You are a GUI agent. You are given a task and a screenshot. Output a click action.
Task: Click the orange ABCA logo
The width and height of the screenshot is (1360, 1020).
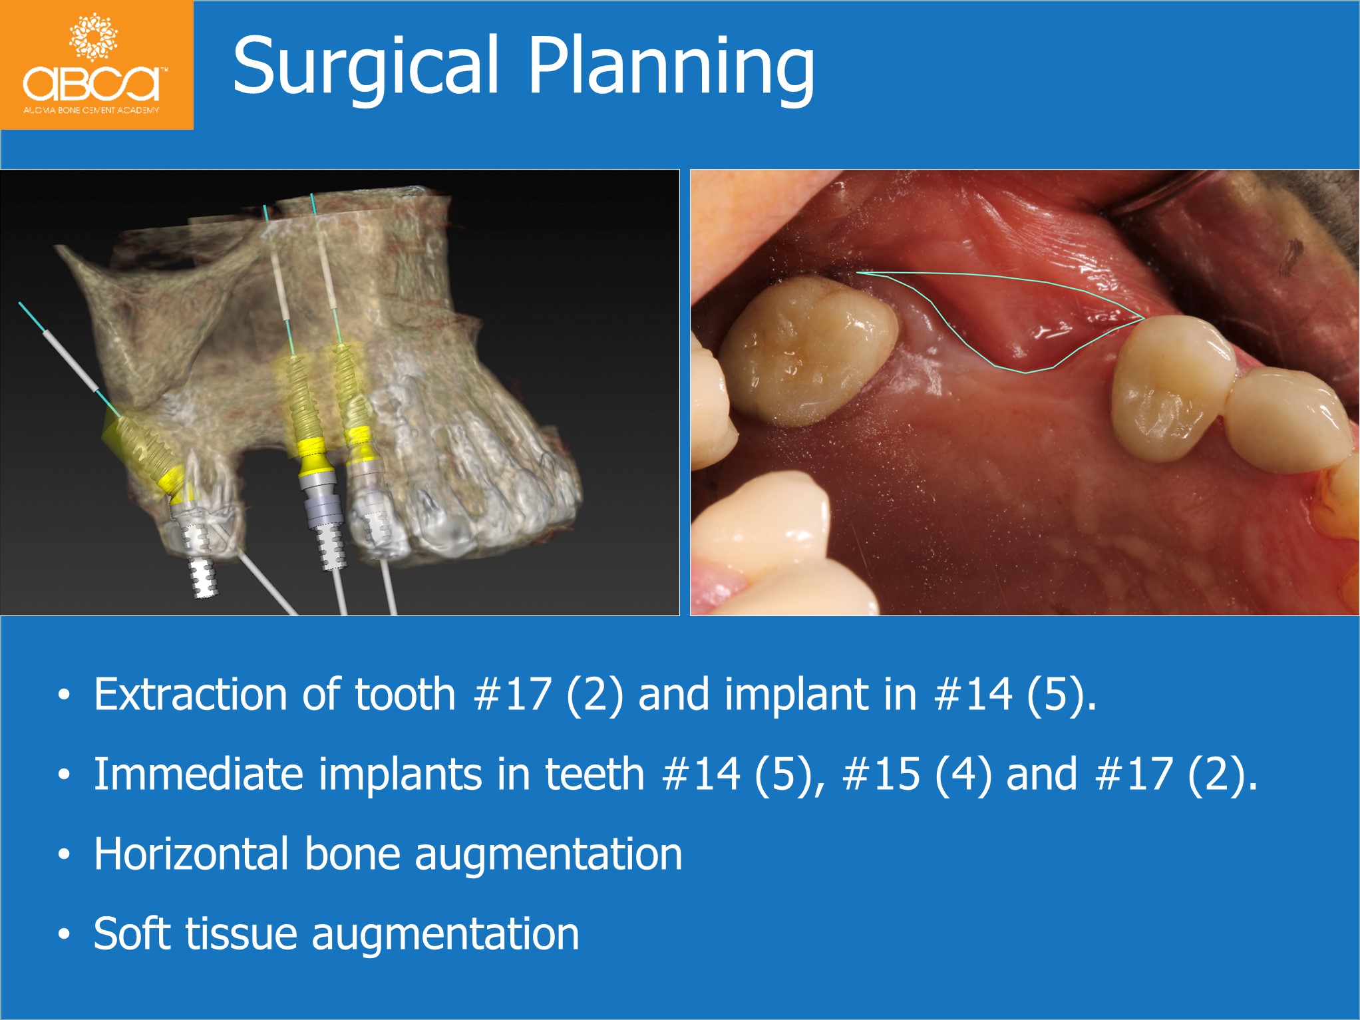[x=96, y=65]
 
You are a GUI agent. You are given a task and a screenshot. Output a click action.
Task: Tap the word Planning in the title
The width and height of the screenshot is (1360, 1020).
[x=671, y=67]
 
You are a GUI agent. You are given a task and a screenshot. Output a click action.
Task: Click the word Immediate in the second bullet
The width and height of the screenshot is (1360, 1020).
[x=199, y=774]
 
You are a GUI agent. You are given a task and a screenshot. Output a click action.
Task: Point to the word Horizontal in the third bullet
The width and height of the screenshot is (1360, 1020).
[x=192, y=854]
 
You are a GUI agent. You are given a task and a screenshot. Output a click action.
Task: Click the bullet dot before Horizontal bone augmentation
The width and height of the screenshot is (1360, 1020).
[x=64, y=854]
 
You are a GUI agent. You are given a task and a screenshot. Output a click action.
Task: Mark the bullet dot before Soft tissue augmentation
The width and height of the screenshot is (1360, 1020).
[x=64, y=934]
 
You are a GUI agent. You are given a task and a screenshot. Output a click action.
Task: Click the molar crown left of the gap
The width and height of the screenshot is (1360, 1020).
[x=808, y=351]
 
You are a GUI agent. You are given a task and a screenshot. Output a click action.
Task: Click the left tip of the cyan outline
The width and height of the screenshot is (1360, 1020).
[x=858, y=272]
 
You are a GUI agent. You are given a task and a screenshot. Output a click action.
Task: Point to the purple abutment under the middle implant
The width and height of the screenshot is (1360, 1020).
[x=323, y=510]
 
